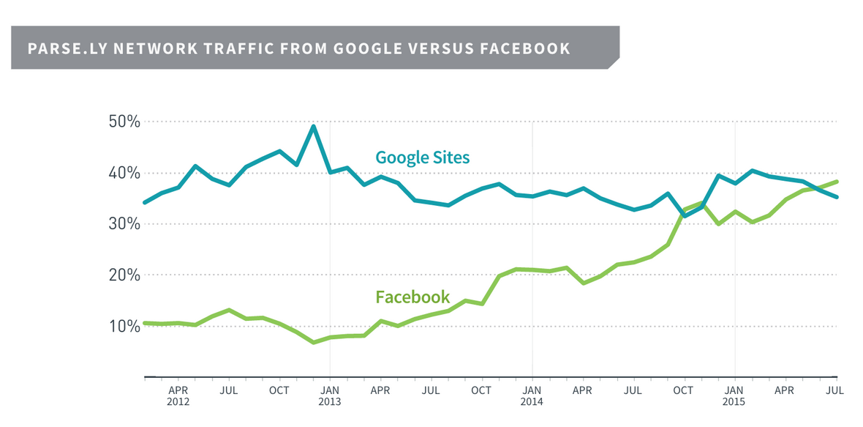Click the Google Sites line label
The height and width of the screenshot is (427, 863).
422,157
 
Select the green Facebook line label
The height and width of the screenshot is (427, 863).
412,297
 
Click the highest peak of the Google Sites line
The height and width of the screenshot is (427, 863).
313,127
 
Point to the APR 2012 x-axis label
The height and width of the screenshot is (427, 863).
178,396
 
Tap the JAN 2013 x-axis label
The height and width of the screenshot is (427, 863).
330,396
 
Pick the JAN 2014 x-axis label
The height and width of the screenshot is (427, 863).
532,396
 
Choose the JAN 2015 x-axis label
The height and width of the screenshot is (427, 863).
734,396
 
